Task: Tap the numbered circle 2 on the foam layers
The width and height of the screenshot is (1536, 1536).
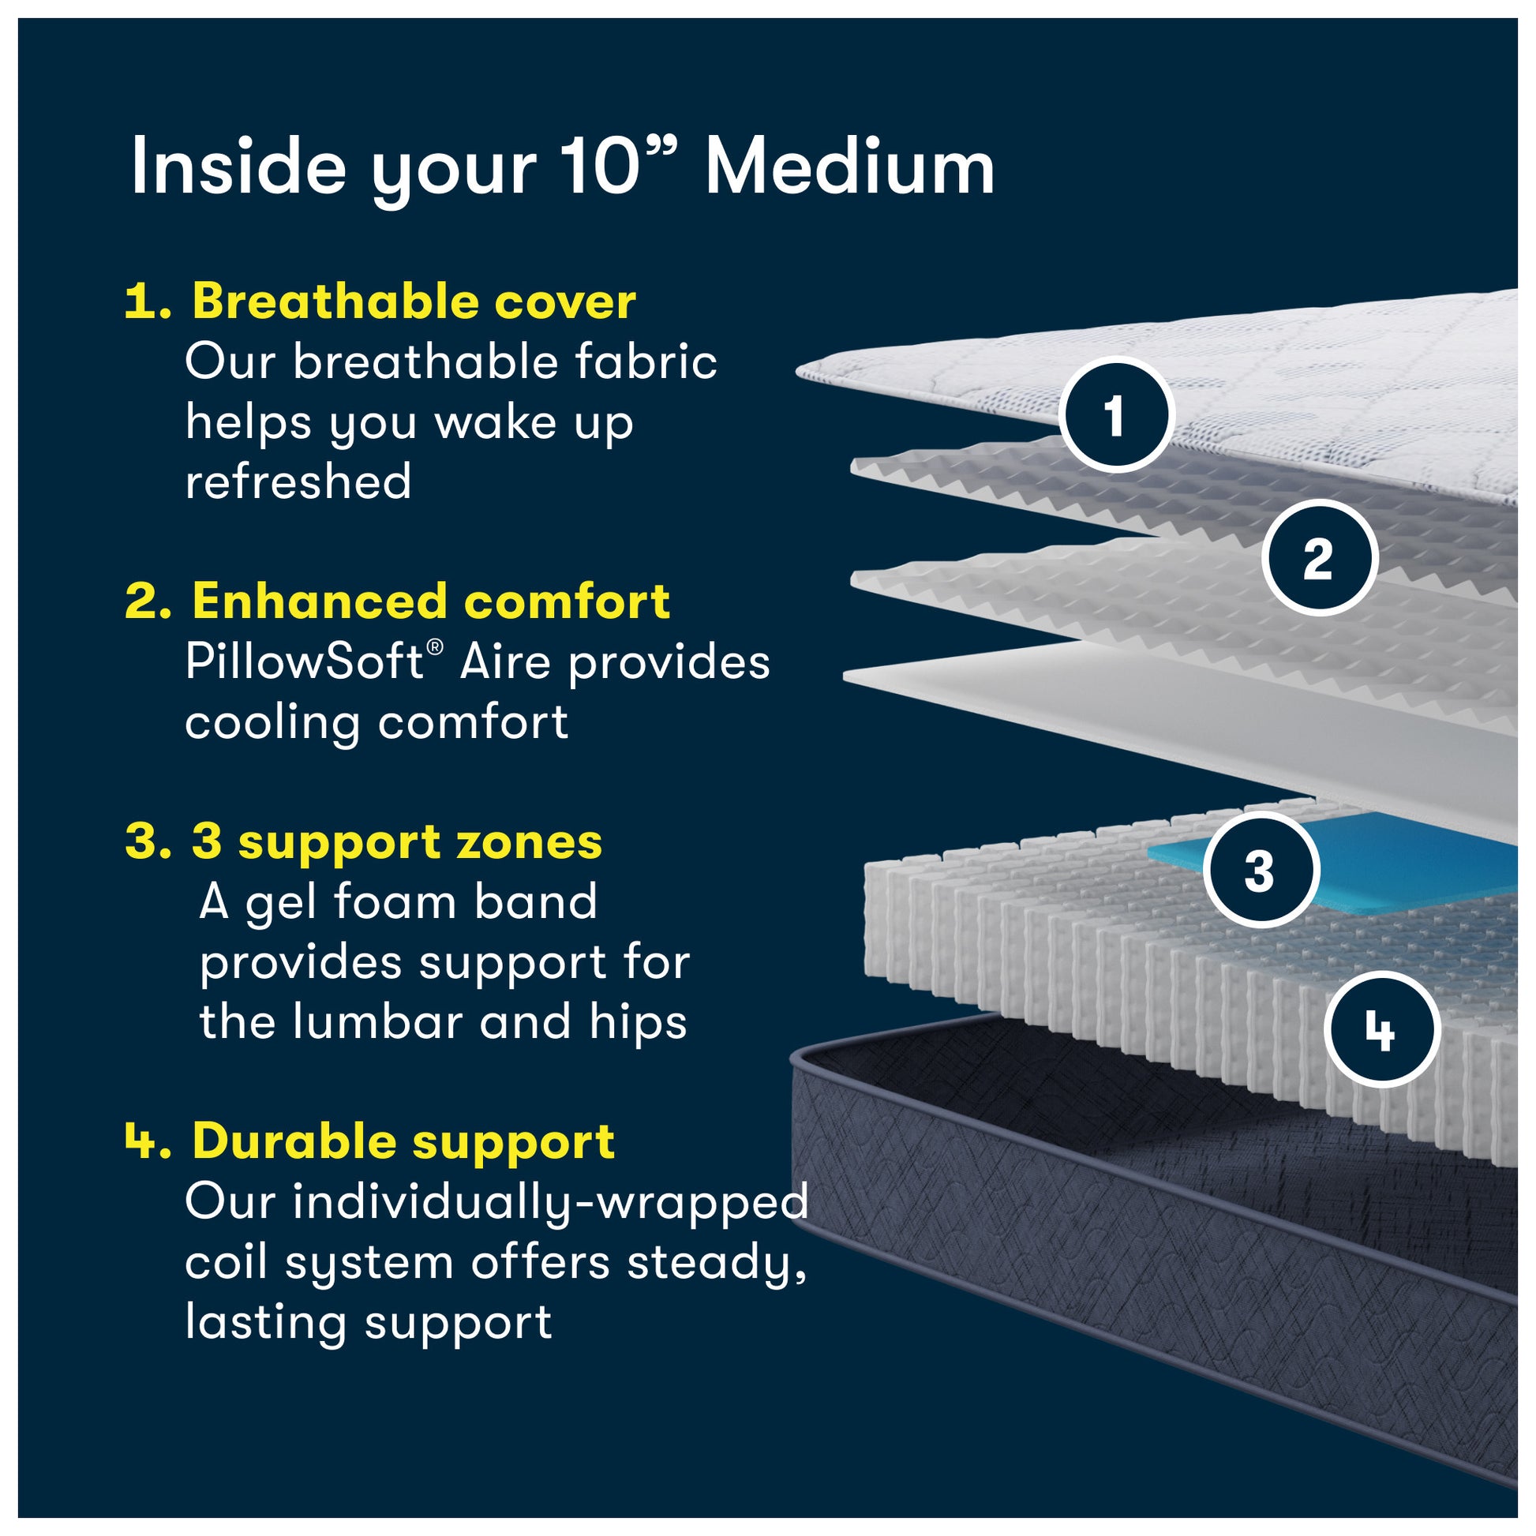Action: tap(1319, 557)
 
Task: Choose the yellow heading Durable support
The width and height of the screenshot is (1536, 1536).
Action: tap(404, 1141)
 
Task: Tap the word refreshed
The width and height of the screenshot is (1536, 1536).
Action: tap(298, 481)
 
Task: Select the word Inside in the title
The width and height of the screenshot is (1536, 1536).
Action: tap(238, 167)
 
